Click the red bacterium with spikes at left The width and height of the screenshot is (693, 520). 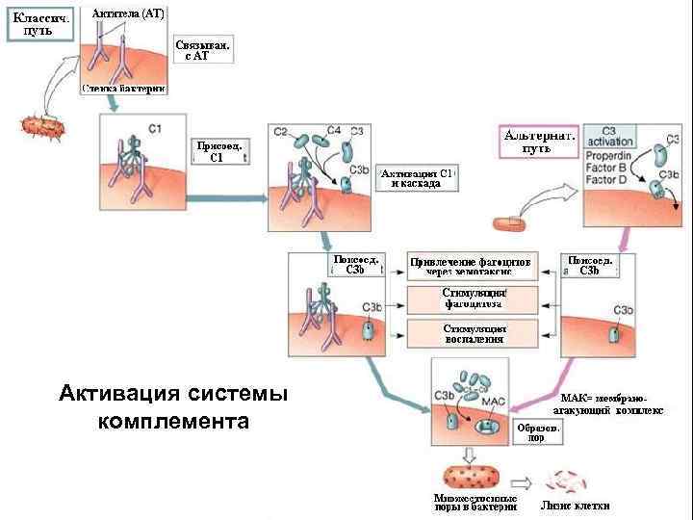coord(42,126)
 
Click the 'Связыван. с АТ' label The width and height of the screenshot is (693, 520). coord(203,50)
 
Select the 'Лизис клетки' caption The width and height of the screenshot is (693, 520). coord(576,506)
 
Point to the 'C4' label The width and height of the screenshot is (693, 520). coord(333,130)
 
